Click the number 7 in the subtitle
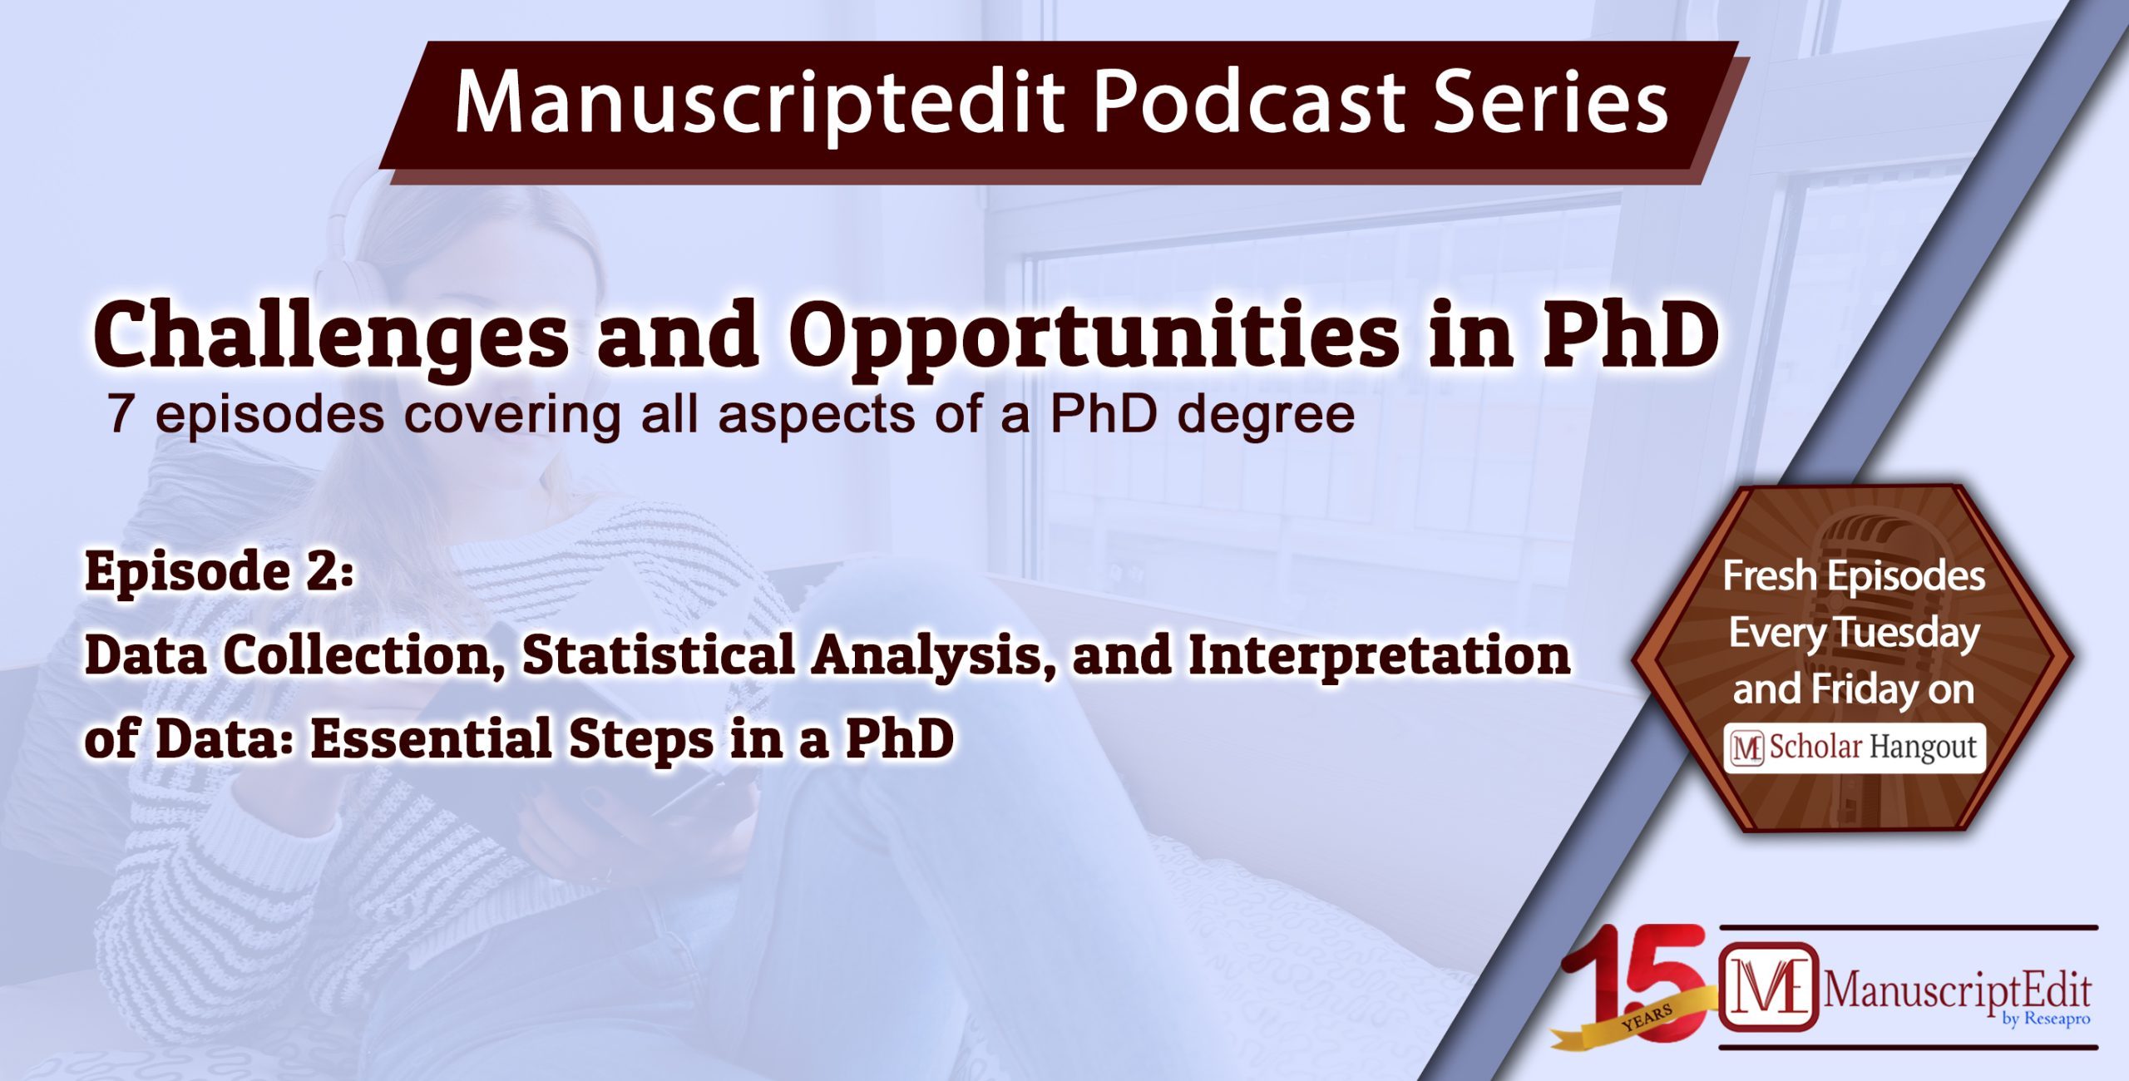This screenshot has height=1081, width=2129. pyautogui.click(x=121, y=414)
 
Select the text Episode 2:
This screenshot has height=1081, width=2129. pyautogui.click(x=220, y=572)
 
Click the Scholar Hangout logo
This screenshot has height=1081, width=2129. pyautogui.click(x=1855, y=748)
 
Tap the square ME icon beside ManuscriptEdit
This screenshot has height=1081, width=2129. pyautogui.click(x=1768, y=988)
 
